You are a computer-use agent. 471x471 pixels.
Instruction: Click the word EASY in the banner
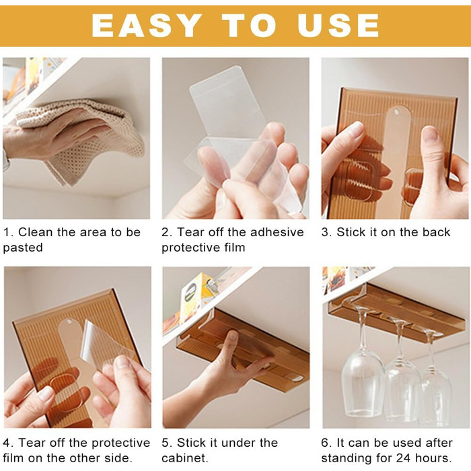[147, 26]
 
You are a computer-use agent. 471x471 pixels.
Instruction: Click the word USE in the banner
[338, 26]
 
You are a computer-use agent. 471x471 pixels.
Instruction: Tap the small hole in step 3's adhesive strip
[396, 112]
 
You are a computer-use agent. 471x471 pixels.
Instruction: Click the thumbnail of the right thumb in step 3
[431, 134]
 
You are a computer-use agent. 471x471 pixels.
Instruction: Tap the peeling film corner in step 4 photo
[87, 323]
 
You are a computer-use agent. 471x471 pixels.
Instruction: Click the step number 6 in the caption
[325, 443]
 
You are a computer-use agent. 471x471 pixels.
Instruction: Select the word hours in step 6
[433, 458]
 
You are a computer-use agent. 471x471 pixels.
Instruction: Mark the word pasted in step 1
[23, 248]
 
